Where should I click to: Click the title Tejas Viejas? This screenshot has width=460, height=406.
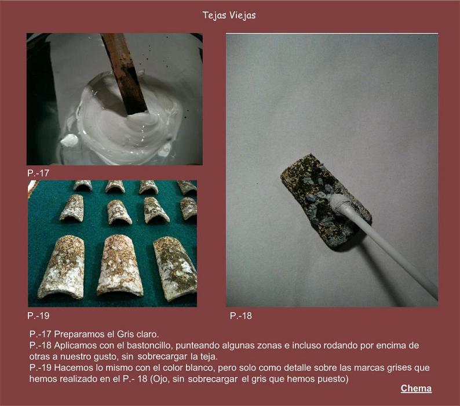tap(229, 16)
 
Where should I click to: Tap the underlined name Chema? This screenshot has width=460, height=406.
tap(416, 389)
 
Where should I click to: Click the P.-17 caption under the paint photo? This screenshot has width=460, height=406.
tap(38, 173)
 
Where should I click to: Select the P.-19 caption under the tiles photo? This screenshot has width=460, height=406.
tap(38, 316)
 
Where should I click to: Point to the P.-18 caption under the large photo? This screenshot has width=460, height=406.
tap(241, 316)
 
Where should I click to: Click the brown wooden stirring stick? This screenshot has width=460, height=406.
tap(125, 74)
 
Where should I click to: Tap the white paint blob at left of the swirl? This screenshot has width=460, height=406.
tap(70, 140)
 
